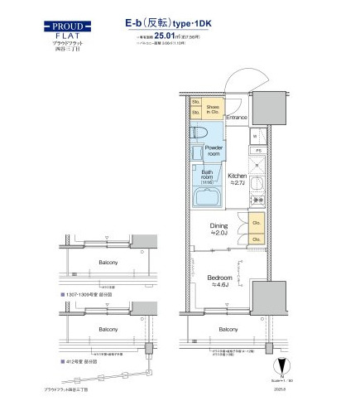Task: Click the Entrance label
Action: click(237, 118)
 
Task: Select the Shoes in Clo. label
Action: click(214, 109)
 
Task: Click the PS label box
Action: click(258, 150)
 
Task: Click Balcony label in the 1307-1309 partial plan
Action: click(108, 263)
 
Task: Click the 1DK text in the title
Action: click(215, 25)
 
